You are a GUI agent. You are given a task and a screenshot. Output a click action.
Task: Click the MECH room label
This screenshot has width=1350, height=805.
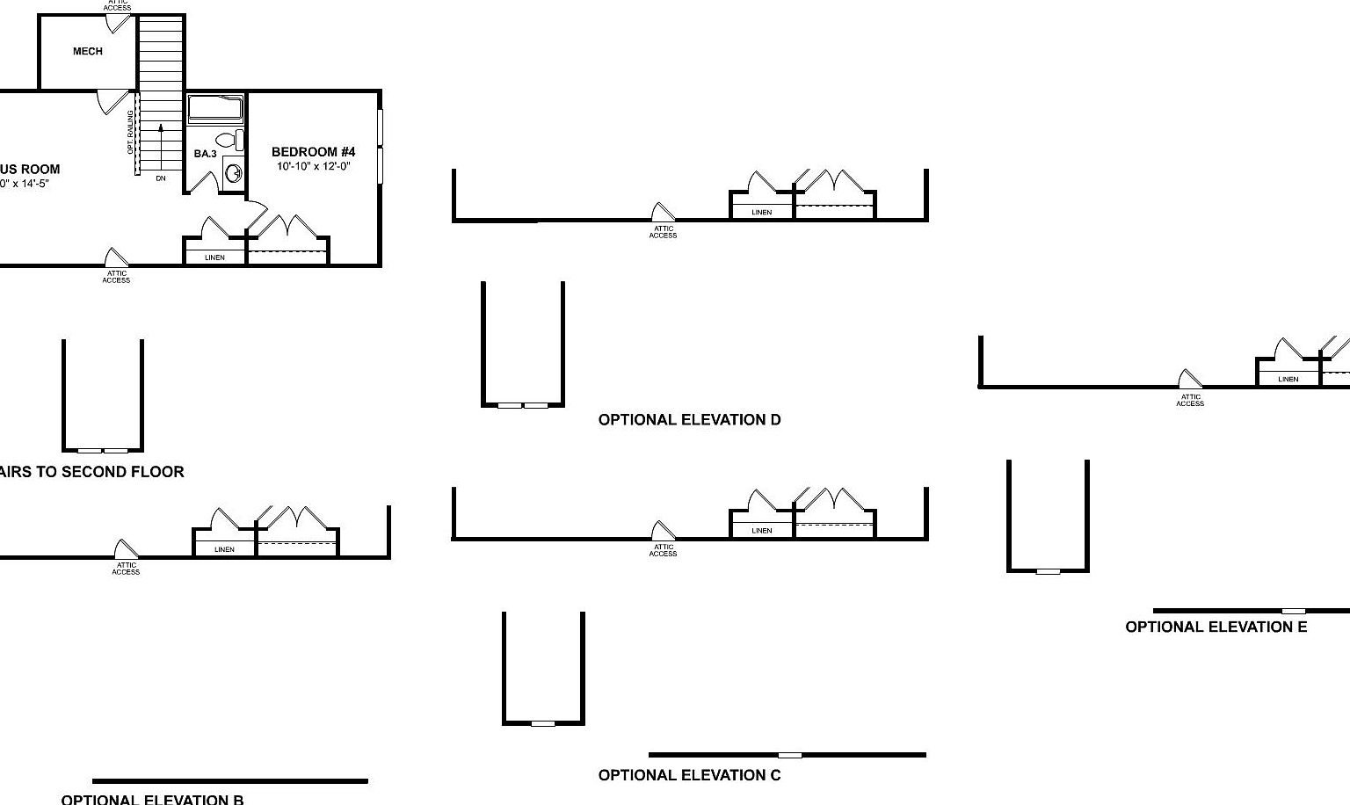pyautogui.click(x=87, y=52)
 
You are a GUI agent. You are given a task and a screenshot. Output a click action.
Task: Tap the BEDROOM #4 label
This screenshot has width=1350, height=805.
pyautogui.click(x=313, y=152)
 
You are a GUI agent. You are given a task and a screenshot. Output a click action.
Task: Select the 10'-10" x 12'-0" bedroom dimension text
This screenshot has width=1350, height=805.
pyautogui.click(x=313, y=166)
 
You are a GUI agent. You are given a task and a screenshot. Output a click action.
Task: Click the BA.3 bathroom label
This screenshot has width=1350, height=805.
pyautogui.click(x=205, y=154)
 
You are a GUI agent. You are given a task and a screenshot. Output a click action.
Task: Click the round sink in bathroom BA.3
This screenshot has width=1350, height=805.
pyautogui.click(x=234, y=172)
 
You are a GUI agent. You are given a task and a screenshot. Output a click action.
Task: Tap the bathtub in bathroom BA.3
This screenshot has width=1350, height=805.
pyautogui.click(x=215, y=108)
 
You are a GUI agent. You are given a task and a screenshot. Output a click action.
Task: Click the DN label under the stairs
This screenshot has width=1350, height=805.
pyautogui.click(x=161, y=178)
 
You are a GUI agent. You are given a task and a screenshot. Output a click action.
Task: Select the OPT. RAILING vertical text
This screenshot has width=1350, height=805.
pyautogui.click(x=131, y=132)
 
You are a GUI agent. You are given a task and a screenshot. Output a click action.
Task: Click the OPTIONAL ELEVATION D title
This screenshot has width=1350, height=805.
pyautogui.click(x=689, y=420)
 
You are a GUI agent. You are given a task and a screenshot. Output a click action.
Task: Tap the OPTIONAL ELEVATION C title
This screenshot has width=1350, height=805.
pyautogui.click(x=689, y=775)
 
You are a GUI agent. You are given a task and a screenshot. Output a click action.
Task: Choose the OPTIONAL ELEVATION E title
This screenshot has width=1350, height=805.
pyautogui.click(x=1216, y=627)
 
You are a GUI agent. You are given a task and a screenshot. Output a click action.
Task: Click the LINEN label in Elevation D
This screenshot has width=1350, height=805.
pyautogui.click(x=761, y=213)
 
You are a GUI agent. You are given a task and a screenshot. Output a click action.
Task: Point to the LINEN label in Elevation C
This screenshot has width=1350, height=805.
pyautogui.click(x=761, y=531)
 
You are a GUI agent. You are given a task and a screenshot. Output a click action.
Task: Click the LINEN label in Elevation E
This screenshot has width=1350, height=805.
pyautogui.click(x=1288, y=380)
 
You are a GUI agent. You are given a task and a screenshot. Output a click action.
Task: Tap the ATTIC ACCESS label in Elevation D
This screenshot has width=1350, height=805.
pyautogui.click(x=663, y=232)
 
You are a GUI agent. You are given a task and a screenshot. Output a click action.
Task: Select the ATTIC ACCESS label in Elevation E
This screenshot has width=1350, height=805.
pyautogui.click(x=1190, y=400)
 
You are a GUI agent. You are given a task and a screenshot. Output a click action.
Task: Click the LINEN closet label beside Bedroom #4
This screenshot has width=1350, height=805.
pyautogui.click(x=214, y=257)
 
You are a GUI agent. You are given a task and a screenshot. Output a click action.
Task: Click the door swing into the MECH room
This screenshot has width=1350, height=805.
pyautogui.click(x=112, y=102)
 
